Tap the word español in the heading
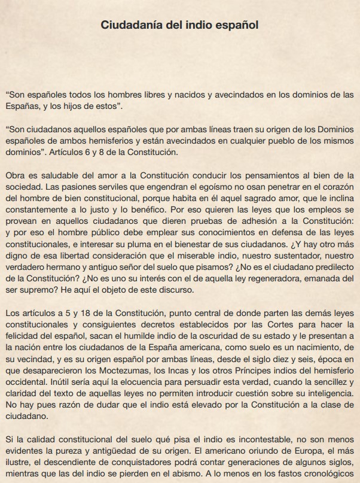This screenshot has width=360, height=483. coord(237,25)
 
